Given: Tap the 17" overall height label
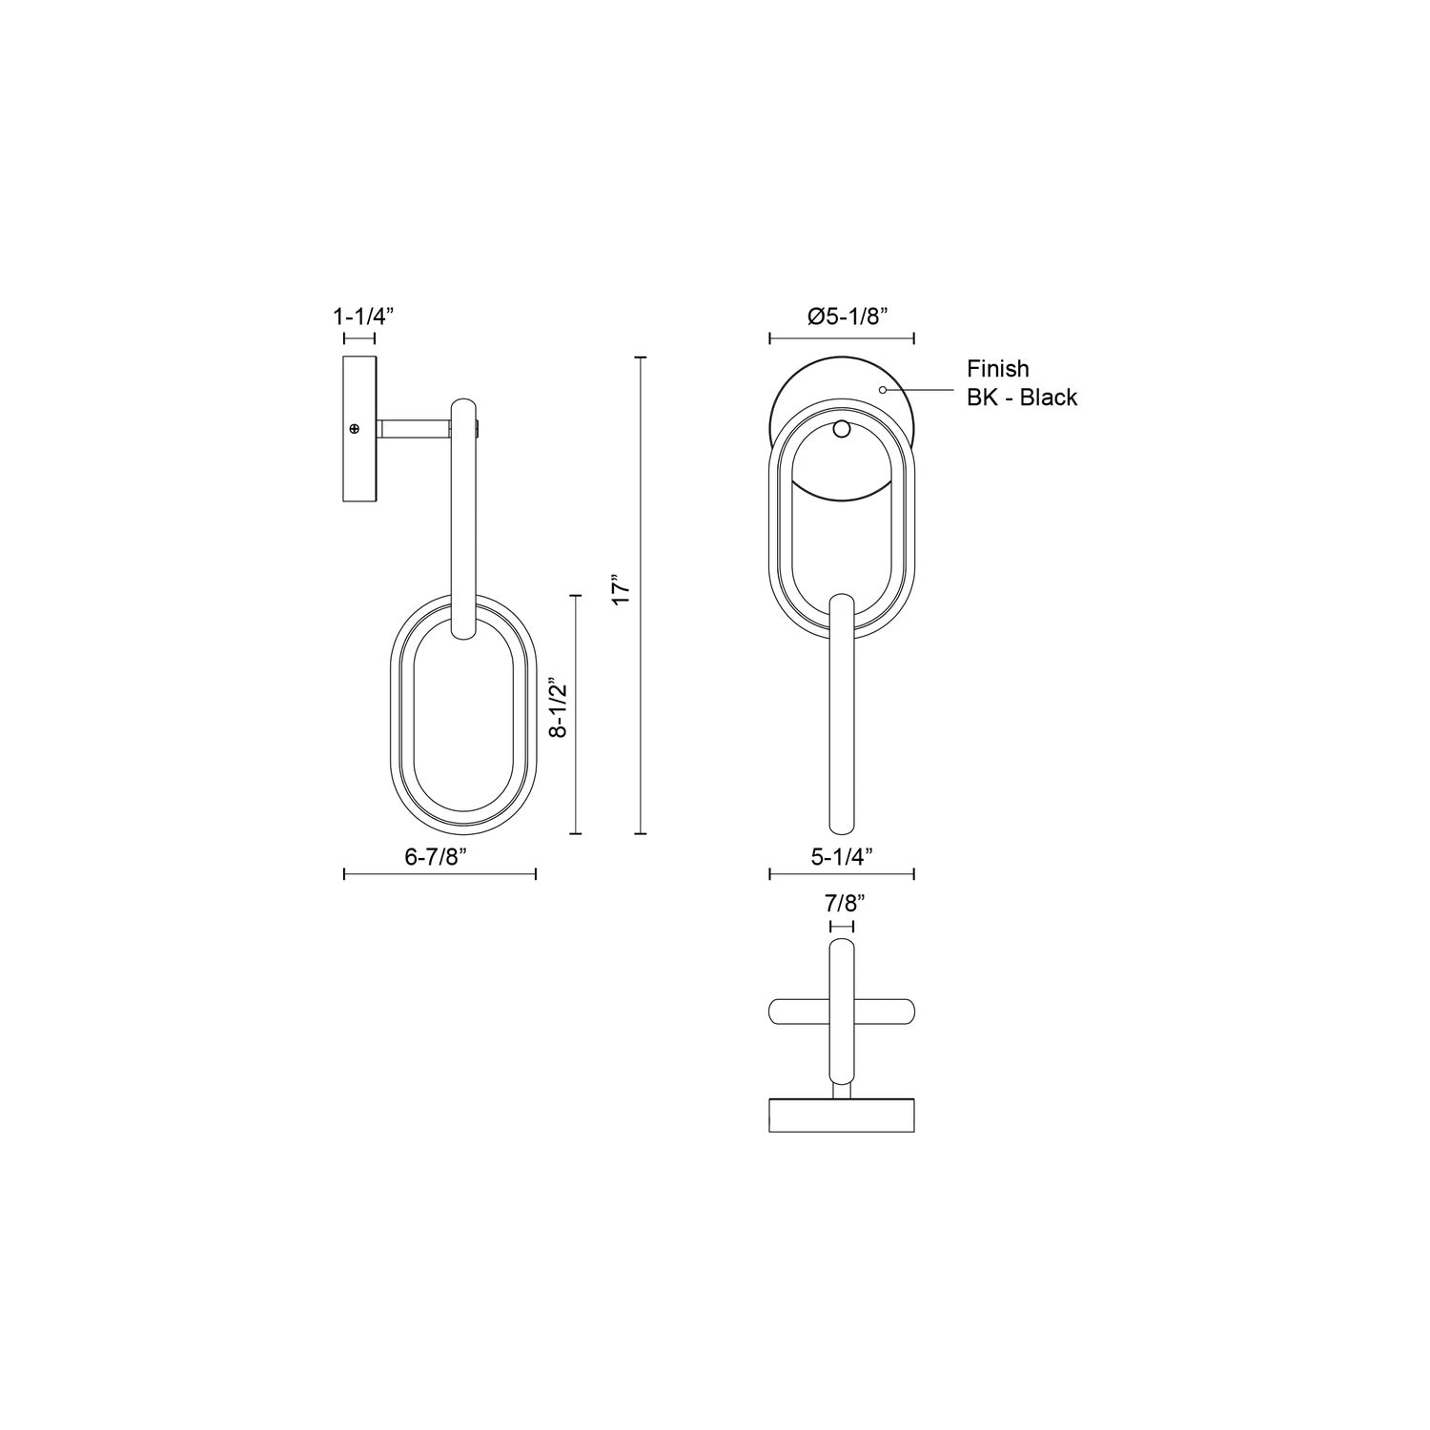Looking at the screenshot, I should [x=622, y=590].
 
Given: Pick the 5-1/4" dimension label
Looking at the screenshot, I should [x=843, y=856].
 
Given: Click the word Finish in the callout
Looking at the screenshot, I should [x=998, y=368].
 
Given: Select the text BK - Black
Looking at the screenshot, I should [x=1022, y=398].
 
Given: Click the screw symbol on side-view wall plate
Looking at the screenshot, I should [x=355, y=430].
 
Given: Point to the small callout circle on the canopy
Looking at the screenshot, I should [x=883, y=389].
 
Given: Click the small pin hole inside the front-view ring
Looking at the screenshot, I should [x=841, y=429].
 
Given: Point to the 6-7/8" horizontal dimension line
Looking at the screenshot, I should [x=439, y=874].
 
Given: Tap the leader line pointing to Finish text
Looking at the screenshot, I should [x=920, y=389].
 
